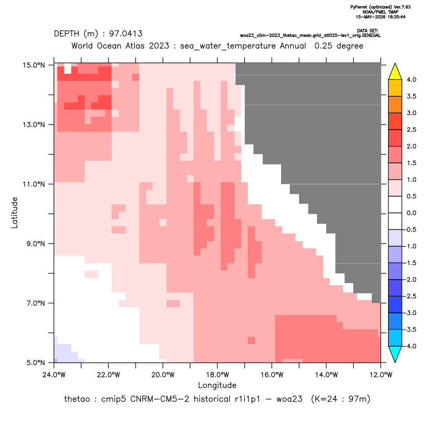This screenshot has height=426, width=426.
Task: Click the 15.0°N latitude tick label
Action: [34, 65]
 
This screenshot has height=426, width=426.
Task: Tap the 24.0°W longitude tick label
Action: [54, 375]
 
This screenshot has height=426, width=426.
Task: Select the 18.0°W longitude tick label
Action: [217, 375]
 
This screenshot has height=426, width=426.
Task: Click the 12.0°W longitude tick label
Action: [380, 375]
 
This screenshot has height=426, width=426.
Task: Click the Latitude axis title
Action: [14, 212]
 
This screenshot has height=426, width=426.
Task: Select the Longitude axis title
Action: [217, 385]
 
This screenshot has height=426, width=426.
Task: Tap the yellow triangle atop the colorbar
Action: [395, 72]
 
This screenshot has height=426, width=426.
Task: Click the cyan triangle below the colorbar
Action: [395, 354]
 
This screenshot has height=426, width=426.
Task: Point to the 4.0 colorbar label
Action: [411, 79]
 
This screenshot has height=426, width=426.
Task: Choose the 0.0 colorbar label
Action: [411, 213]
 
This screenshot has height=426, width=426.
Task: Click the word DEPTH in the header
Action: [67, 34]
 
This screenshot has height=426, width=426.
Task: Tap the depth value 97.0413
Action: [126, 34]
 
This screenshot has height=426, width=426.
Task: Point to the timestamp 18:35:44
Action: [396, 17]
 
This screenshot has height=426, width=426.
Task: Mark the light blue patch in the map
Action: [65, 352]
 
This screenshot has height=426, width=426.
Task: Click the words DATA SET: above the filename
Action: [367, 31]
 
